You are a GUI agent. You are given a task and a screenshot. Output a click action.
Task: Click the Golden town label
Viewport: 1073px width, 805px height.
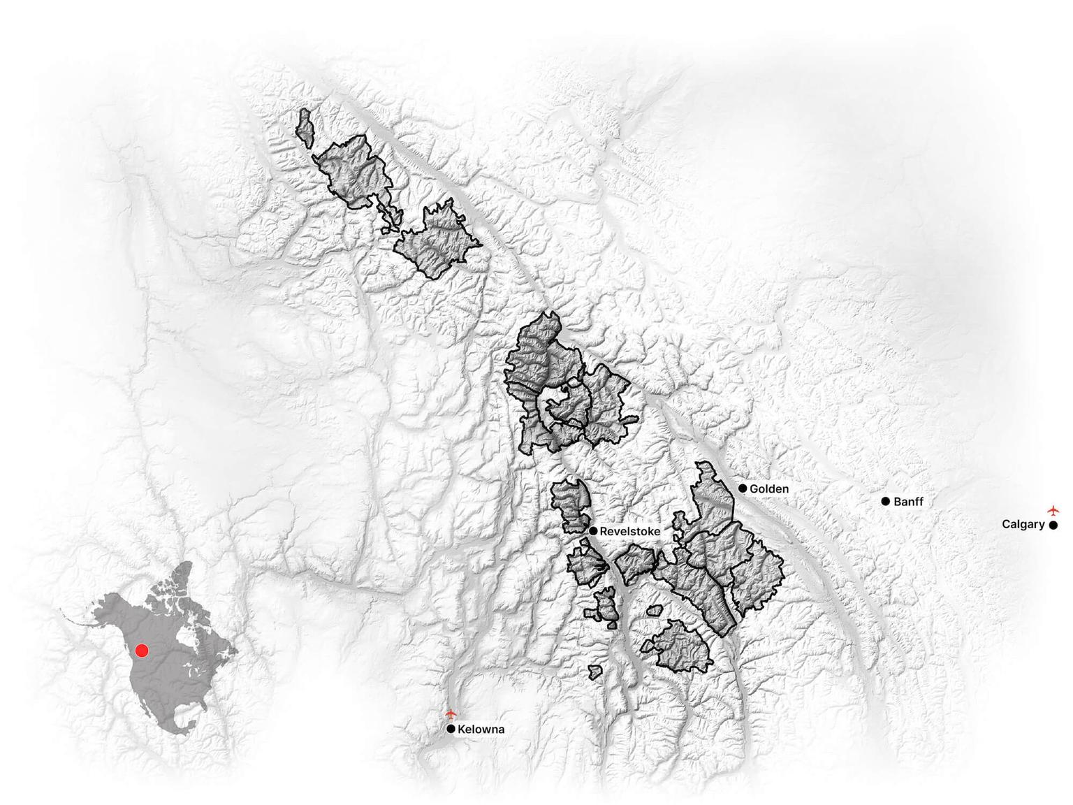[x=768, y=489]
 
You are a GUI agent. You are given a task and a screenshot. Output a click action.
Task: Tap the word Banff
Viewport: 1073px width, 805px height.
[x=908, y=502]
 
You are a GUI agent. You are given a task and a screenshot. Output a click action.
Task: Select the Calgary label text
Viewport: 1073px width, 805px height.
[x=1023, y=524]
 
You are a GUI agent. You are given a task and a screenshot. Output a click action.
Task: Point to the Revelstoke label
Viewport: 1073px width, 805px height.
[x=629, y=532]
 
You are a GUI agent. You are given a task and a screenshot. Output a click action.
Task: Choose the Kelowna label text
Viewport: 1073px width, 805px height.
[x=481, y=730]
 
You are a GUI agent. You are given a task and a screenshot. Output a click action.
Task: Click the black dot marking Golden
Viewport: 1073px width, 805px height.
[x=743, y=488]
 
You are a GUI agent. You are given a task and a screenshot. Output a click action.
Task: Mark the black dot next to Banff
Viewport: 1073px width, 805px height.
[x=886, y=501]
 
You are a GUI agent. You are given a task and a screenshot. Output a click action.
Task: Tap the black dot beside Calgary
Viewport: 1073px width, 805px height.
[x=1053, y=525]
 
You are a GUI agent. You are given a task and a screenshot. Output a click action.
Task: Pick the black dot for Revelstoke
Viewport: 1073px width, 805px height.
[x=593, y=531]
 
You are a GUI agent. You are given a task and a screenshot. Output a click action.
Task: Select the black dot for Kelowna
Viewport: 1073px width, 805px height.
[x=451, y=729]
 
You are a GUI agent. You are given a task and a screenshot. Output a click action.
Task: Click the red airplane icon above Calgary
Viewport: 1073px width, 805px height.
[x=1053, y=510]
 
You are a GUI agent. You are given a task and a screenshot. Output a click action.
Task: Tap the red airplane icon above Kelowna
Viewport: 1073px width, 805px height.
[x=451, y=714]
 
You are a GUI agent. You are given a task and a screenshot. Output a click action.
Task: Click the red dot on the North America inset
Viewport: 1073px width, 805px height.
[x=142, y=651]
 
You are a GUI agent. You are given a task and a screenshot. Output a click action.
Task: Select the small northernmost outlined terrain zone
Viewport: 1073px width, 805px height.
[x=304, y=127]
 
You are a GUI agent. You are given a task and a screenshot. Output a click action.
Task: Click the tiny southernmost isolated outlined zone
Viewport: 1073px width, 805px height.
[x=594, y=672]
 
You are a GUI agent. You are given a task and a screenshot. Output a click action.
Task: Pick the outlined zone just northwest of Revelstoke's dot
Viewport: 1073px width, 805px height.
[x=571, y=505]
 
